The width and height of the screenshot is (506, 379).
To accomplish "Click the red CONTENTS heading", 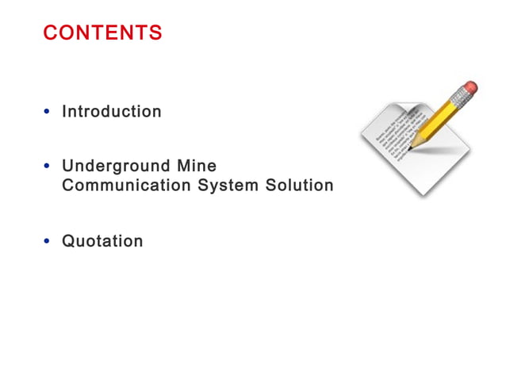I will [x=102, y=33].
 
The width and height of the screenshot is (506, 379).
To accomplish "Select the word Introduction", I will [x=112, y=112].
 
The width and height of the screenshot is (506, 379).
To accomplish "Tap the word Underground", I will [x=116, y=167].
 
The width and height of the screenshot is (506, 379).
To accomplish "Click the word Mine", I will [x=197, y=167].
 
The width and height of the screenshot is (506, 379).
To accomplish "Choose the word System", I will [x=230, y=186].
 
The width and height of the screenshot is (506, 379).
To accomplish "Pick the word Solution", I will [x=301, y=186].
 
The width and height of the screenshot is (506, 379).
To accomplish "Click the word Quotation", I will [x=102, y=241].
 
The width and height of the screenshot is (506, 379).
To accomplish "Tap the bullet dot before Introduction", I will [x=48, y=113].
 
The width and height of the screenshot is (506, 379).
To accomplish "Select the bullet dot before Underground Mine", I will [x=48, y=167].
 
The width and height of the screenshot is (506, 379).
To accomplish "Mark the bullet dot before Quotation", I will [x=48, y=242].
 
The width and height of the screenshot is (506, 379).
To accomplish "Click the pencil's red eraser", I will [x=470, y=86].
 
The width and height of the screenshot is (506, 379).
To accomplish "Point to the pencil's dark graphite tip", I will [x=410, y=147].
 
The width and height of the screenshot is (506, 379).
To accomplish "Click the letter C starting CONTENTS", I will [x=49, y=33].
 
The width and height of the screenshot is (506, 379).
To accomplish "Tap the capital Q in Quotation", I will [x=69, y=241].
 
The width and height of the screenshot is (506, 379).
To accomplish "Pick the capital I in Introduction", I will [x=64, y=112].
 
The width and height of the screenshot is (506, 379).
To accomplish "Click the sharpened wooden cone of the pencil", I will [x=416, y=141].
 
